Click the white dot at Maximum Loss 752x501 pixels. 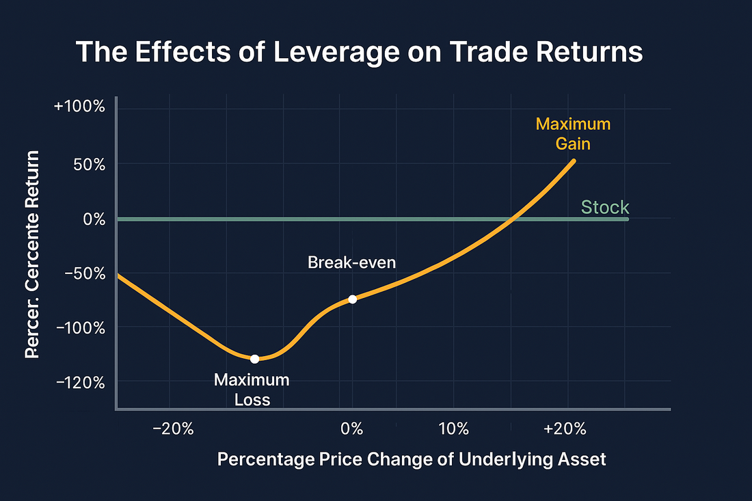click(x=254, y=359)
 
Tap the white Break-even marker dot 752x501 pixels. click(x=352, y=299)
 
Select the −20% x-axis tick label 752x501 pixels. click(x=174, y=429)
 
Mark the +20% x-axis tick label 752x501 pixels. click(x=565, y=429)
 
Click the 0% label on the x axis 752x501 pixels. click(x=351, y=429)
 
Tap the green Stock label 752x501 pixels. click(x=605, y=207)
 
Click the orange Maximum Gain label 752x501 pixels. click(x=573, y=135)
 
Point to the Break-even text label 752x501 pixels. click(x=351, y=262)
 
